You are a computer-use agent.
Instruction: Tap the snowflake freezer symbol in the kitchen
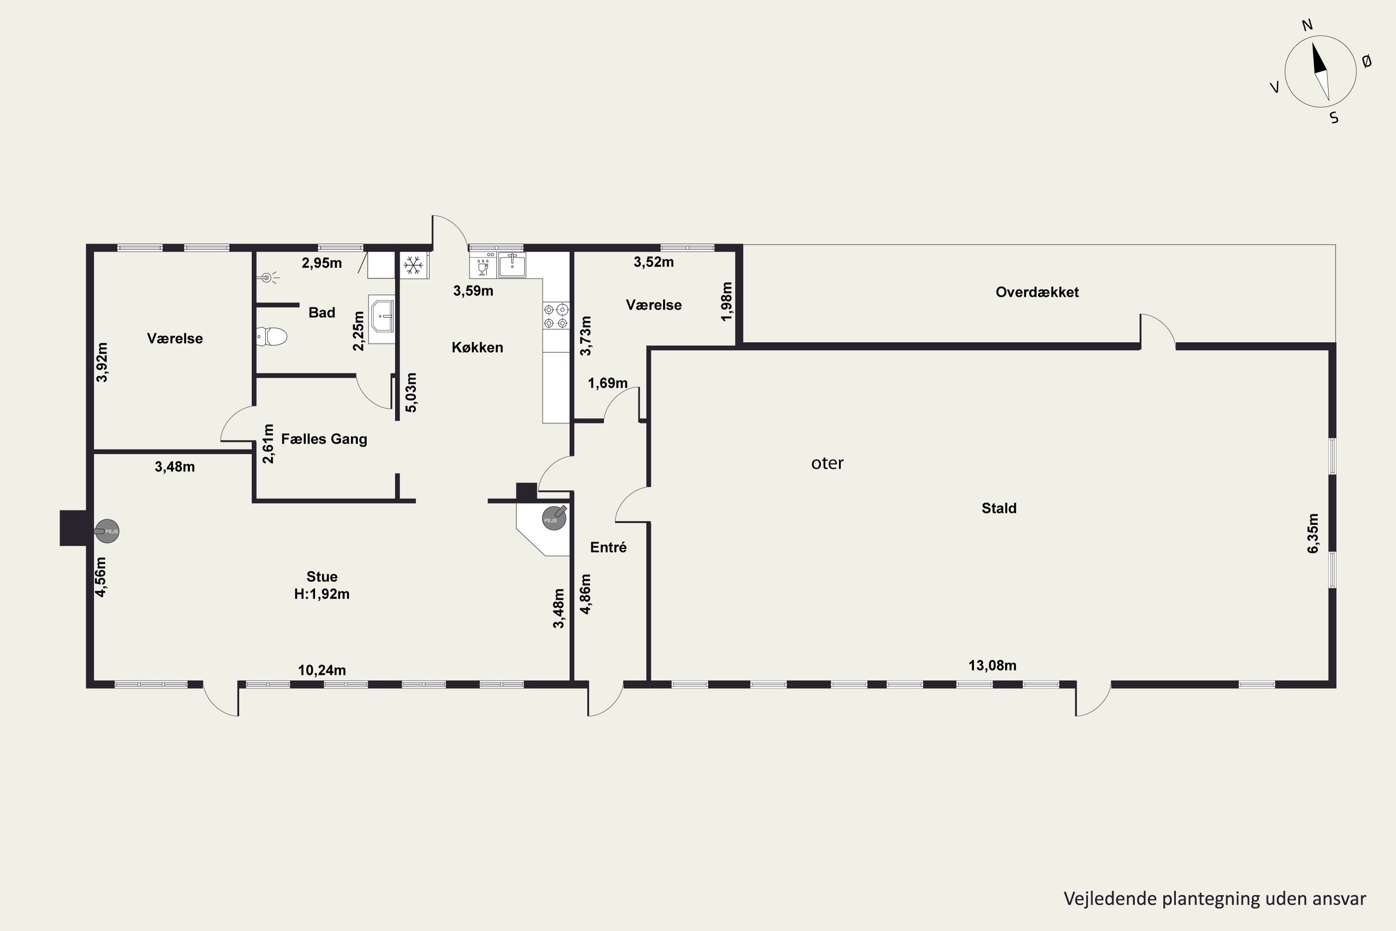[x=413, y=265]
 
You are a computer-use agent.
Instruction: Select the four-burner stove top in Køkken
[x=556, y=316]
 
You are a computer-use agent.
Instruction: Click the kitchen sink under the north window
[x=511, y=265]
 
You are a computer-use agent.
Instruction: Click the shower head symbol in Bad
[x=269, y=277]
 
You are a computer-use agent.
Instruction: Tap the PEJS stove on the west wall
[x=107, y=531]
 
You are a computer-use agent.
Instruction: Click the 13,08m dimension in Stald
[x=993, y=666]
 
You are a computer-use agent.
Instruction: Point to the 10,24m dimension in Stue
[x=322, y=670]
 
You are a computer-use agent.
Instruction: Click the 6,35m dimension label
[x=1312, y=533]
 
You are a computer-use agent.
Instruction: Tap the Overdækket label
[x=1037, y=292]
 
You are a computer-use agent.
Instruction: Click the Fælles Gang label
[x=324, y=439]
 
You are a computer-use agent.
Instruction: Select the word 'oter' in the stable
[x=827, y=463]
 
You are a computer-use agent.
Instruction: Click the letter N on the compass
[x=1307, y=25]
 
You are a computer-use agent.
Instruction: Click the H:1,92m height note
[x=322, y=594]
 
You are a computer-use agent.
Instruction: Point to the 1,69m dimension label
[x=608, y=383]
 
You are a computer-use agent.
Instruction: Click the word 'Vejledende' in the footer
[x=1101, y=898]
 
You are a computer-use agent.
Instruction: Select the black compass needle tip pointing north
[x=1312, y=43]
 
